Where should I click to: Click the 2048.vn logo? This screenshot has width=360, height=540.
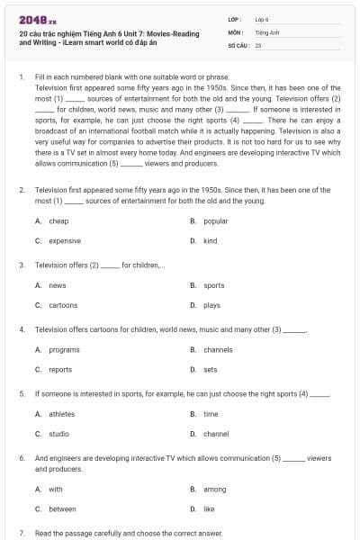(34, 19)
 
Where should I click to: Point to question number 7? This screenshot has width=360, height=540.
(22, 533)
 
